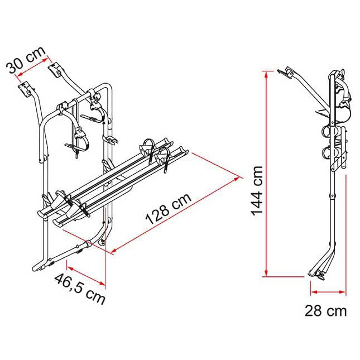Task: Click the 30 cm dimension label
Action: coord(26,60)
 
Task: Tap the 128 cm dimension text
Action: coord(169,209)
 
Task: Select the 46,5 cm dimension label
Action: coord(80,289)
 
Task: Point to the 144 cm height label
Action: coord(257,191)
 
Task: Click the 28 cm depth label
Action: coord(325,311)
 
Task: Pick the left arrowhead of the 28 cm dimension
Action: coord(314,292)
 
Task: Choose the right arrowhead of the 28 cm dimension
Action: coord(342,292)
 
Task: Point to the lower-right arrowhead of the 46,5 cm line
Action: coord(102,284)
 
